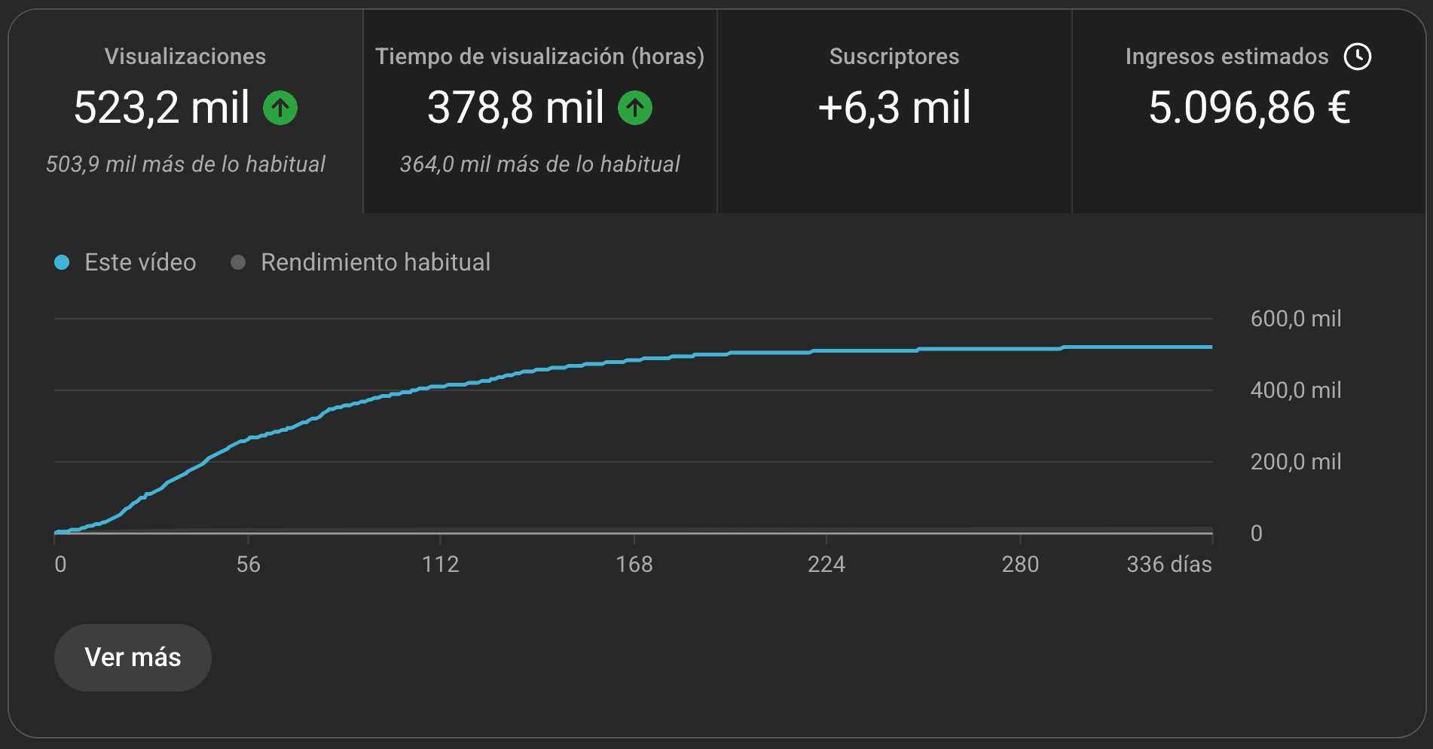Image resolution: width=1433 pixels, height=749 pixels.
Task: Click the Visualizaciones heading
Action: point(185,57)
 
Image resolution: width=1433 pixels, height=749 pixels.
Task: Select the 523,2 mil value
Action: point(161,108)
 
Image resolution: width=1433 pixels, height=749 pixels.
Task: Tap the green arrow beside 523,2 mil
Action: point(280,108)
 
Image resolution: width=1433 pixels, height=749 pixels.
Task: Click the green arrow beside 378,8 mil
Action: point(635,108)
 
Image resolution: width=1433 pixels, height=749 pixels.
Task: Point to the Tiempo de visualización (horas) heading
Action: point(539,57)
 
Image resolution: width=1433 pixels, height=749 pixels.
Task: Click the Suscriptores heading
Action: point(894,57)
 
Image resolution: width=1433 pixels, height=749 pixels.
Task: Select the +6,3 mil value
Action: point(894,108)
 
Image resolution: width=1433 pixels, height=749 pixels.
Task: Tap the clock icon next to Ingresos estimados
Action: point(1358,57)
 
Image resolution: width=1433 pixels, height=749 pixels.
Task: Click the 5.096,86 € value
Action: point(1249,108)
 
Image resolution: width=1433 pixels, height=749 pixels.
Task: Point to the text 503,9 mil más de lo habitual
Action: point(185,164)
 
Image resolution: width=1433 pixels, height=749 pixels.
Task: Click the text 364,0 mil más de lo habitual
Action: point(539,164)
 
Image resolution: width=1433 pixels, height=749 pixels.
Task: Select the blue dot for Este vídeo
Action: point(62,262)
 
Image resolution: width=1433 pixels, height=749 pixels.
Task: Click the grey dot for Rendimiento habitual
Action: point(238,262)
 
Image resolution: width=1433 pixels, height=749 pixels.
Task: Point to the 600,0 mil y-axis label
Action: point(1296,319)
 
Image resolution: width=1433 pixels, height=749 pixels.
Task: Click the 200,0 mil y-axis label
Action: point(1296,462)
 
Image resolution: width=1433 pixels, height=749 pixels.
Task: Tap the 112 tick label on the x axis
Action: point(441,564)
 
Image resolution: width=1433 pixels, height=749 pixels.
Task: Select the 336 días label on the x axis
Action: point(1169,564)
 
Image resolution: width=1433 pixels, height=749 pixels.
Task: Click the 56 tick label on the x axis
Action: point(248,564)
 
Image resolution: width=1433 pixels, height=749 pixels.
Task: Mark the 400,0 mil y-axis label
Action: point(1296,390)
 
